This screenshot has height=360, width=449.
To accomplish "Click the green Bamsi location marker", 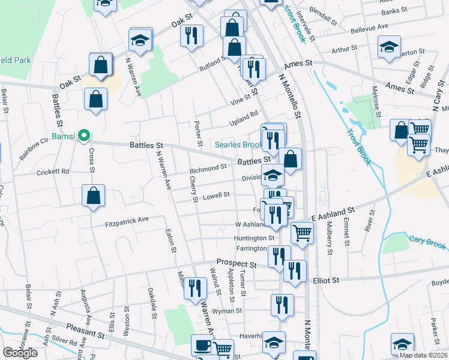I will point(85,136).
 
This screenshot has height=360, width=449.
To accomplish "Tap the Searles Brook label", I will point(238,145).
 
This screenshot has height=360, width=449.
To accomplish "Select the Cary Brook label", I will point(428,245).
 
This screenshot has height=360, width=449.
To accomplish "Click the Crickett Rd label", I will point(53,171).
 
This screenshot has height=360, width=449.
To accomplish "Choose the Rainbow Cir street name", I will point(32,147).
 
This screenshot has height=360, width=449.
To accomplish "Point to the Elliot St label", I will point(327,280).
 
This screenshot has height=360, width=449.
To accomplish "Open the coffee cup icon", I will point(202,346).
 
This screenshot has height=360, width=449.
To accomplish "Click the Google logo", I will point(20,353).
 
